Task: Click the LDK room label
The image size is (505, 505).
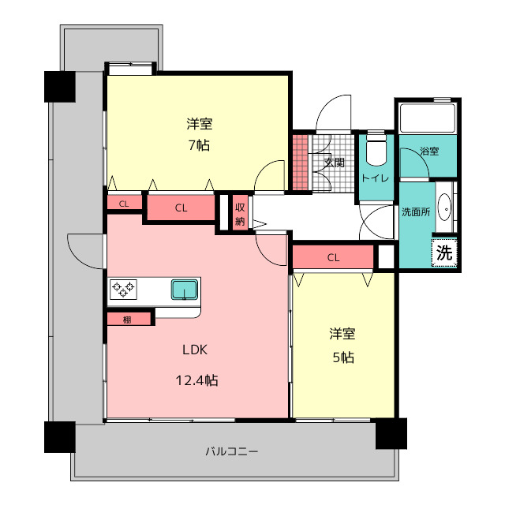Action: (195, 350)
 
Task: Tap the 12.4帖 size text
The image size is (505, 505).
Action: (196, 380)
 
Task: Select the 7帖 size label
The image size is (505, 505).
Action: (199, 145)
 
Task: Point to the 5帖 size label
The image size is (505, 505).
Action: (343, 357)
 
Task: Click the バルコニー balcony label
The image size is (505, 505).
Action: (232, 451)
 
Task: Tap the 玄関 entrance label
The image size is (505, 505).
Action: (334, 163)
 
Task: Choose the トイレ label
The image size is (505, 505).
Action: (376, 178)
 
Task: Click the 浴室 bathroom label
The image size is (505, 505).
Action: (429, 151)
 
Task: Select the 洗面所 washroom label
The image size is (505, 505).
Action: (416, 212)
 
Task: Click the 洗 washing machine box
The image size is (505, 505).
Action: (444, 252)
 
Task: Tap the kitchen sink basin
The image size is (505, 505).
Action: (185, 290)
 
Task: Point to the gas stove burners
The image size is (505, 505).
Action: (123, 289)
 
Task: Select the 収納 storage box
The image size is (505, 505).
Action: (240, 212)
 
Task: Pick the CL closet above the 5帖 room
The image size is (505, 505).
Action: (333, 257)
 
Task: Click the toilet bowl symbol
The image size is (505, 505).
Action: (376, 150)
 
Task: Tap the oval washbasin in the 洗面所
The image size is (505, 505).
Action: (446, 207)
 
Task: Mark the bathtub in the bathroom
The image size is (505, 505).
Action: (428, 118)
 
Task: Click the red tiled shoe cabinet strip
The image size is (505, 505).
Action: (300, 163)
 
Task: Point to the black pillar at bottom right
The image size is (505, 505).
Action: (391, 433)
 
